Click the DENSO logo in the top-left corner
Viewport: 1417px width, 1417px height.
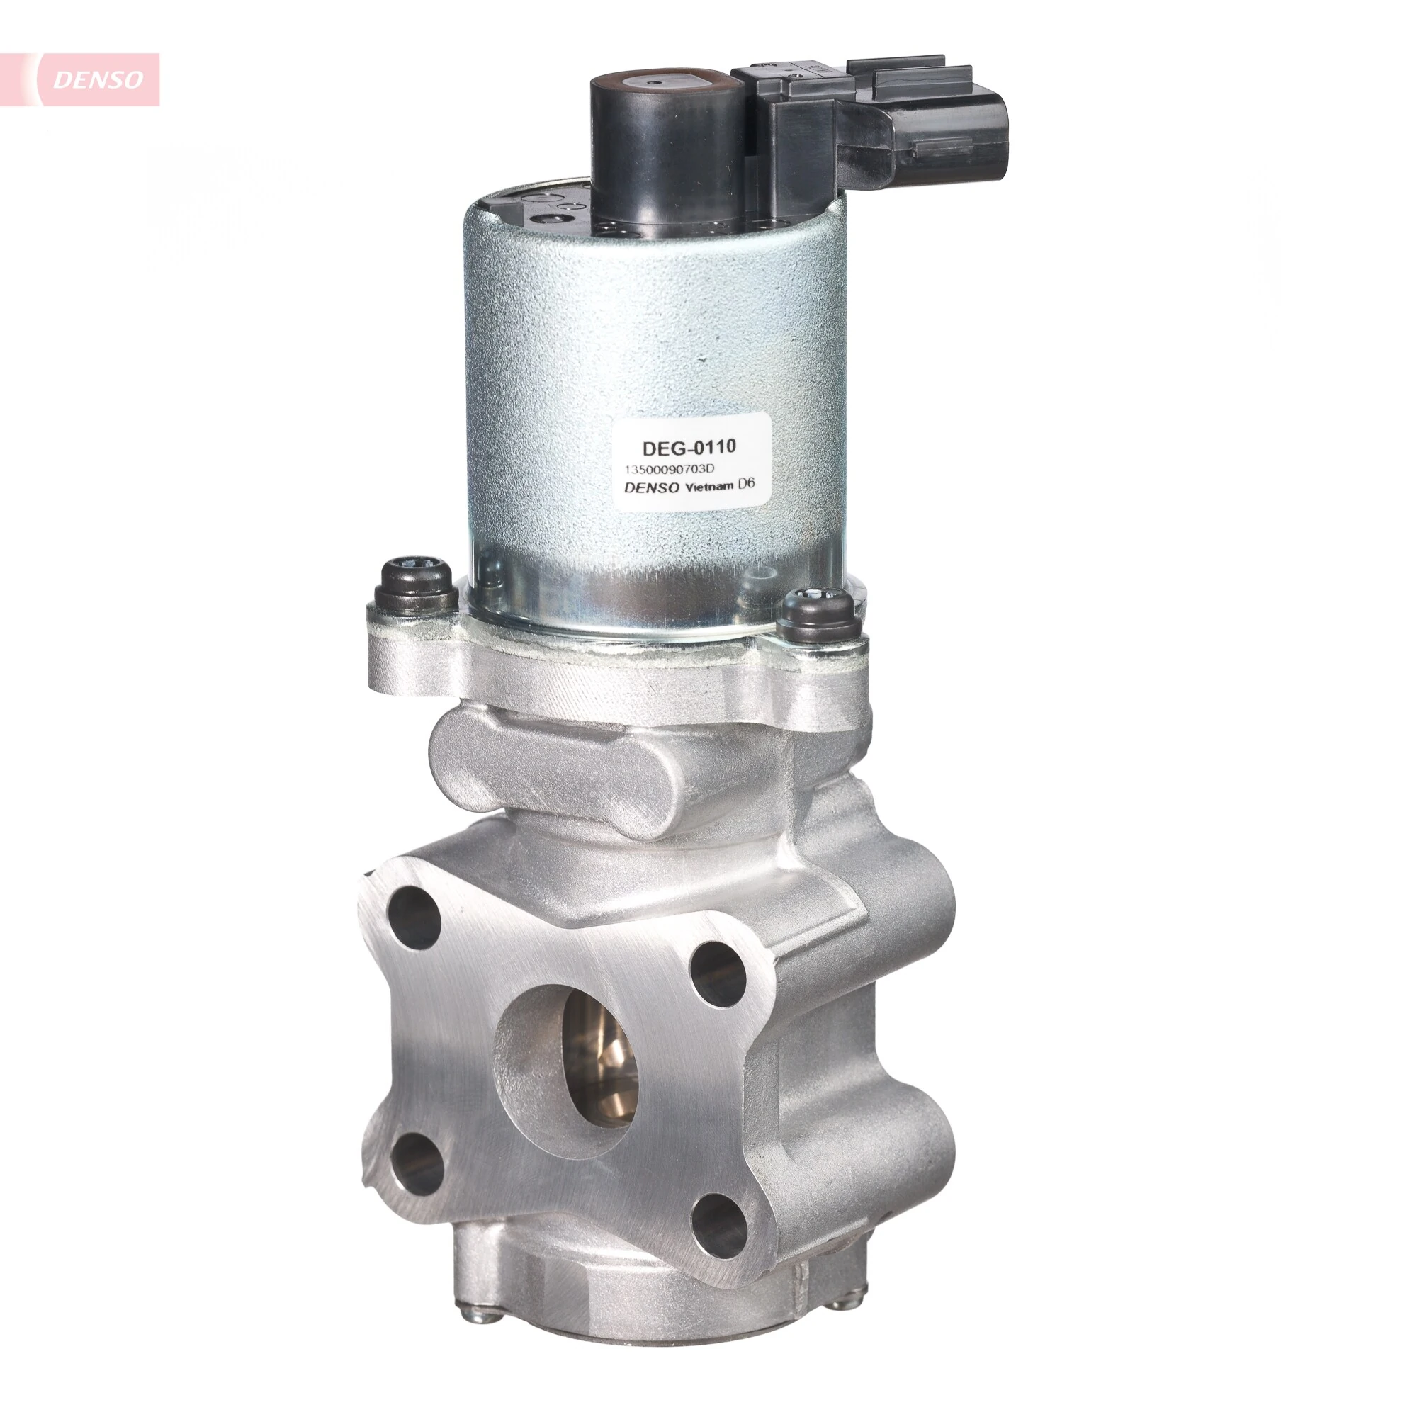click(x=97, y=79)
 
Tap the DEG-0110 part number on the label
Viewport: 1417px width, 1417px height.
click(x=689, y=446)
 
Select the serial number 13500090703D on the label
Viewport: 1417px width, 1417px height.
click(x=669, y=470)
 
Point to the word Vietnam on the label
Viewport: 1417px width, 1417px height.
click(x=708, y=487)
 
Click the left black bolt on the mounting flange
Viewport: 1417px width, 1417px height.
click(x=415, y=589)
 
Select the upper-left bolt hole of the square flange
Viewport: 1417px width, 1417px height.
click(x=413, y=918)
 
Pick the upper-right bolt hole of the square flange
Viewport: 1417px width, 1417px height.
click(x=718, y=973)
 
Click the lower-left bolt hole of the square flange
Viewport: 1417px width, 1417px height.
click(x=417, y=1163)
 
